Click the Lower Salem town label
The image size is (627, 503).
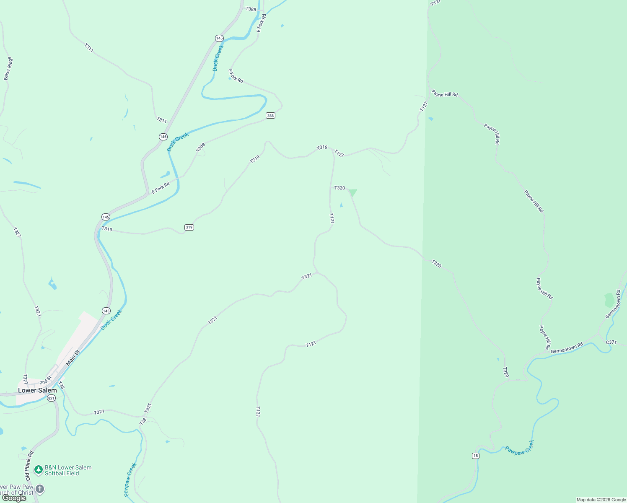[x=37, y=390]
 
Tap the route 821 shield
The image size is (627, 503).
[x=51, y=398]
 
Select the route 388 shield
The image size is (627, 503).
[x=270, y=116]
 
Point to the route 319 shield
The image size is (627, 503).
[x=189, y=227]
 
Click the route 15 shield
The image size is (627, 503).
[x=475, y=456]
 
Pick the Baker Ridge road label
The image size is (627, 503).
[x=8, y=68]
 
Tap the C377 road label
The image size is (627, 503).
[x=611, y=342]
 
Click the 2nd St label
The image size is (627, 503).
[x=45, y=381]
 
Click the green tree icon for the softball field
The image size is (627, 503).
[x=39, y=470]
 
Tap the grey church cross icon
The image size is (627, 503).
[x=40, y=489]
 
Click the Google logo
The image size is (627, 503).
[x=14, y=498]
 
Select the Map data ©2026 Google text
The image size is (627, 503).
[x=601, y=500]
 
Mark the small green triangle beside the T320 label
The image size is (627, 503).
[x=352, y=192]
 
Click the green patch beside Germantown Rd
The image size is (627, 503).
[x=609, y=300]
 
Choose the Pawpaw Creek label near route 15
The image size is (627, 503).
[x=520, y=447]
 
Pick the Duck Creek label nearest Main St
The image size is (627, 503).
[x=111, y=319]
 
